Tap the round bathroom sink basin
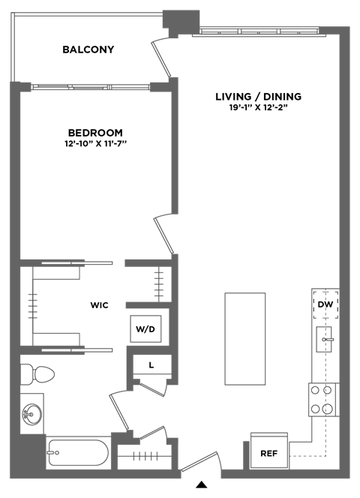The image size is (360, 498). (31, 412)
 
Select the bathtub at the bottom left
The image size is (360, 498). (77, 452)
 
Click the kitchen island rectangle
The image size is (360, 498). (245, 339)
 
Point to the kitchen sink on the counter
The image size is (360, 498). (327, 340)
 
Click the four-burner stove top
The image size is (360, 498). (322, 399)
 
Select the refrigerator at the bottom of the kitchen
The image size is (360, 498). (269, 449)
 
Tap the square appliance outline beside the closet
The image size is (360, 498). (145, 328)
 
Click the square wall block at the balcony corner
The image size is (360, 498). (181, 19)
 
